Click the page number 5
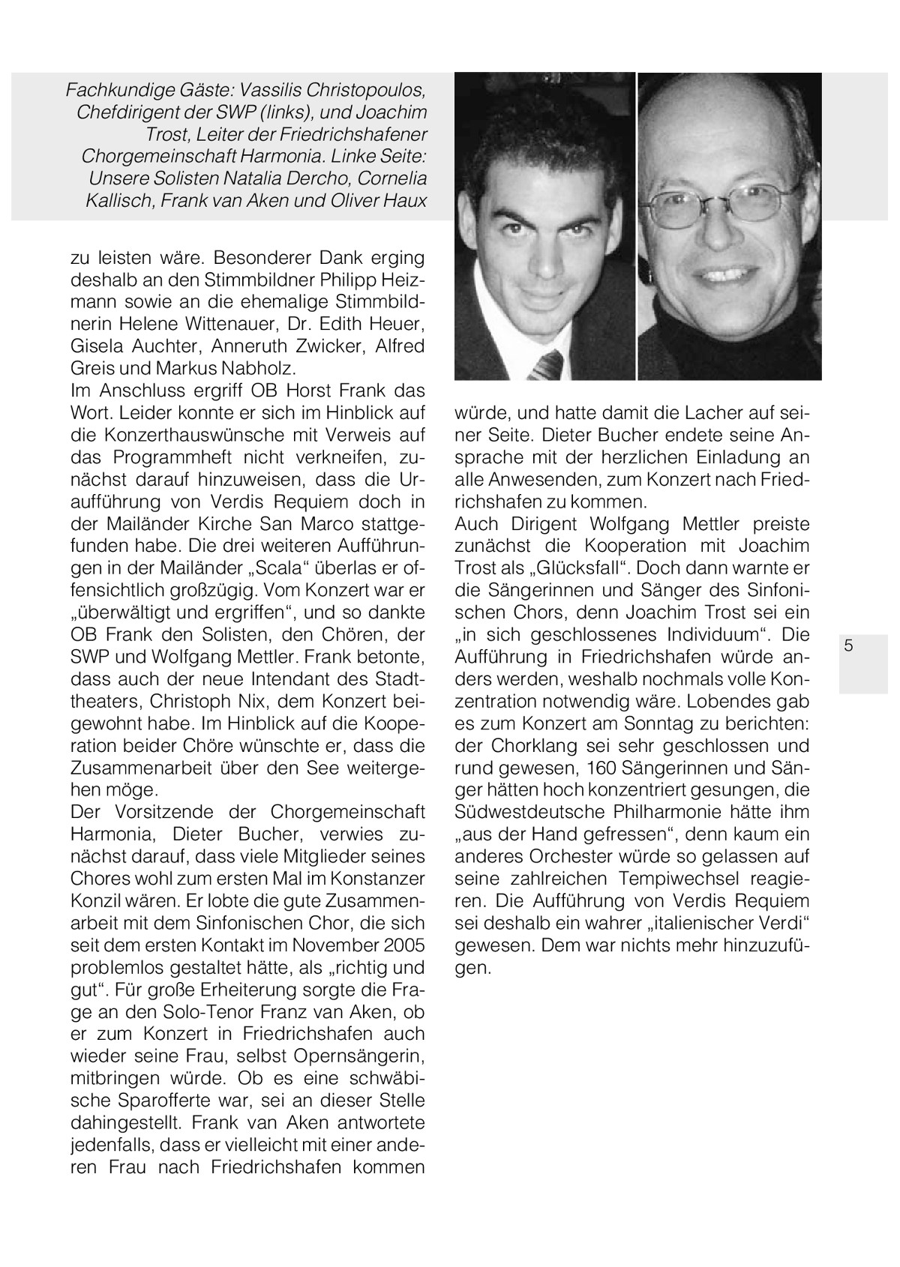tap(848, 645)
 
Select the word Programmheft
tap(175, 457)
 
